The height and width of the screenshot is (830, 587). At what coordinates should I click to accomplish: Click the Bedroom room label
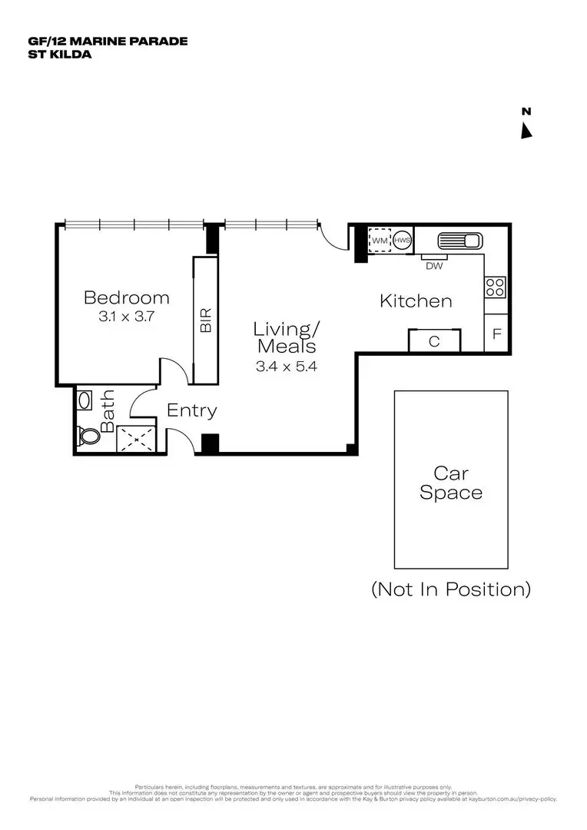127,297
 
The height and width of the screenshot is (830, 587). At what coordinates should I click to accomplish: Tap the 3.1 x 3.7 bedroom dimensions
127,316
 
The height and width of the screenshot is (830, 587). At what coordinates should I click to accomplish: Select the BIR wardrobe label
205,320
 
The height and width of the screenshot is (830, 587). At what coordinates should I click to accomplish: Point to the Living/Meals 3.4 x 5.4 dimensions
287,367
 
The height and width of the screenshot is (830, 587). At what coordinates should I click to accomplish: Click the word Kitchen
416,301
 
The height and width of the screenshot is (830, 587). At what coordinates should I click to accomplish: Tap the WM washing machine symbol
379,241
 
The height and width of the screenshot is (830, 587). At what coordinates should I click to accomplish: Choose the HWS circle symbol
402,241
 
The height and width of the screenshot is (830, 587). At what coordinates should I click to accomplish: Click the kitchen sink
459,241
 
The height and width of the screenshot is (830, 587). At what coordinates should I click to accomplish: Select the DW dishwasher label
434,266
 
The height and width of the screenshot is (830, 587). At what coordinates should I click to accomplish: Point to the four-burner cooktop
495,287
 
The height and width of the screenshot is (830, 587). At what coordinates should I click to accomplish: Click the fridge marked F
497,334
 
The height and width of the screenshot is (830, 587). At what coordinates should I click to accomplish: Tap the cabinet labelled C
434,341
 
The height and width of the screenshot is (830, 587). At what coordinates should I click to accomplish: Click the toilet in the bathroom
88,436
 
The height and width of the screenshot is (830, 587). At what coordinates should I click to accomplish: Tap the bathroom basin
85,401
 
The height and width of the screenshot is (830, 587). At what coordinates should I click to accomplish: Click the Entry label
191,410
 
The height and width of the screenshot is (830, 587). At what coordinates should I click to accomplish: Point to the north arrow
526,131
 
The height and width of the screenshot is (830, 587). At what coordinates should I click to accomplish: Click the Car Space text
451,483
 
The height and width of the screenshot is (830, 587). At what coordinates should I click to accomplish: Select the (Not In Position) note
451,589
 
